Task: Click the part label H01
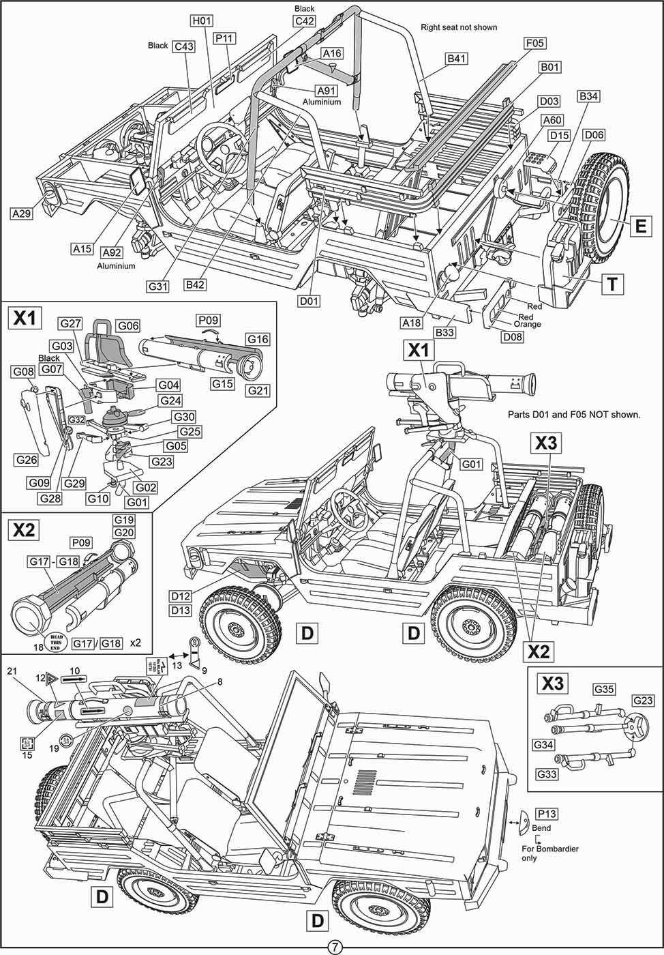click(202, 21)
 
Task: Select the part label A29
click(22, 214)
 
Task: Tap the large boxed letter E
click(640, 226)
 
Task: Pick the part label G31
click(158, 286)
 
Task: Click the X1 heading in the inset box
click(25, 319)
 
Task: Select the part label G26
click(27, 460)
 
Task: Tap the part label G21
click(258, 390)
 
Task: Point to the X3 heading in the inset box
click(554, 683)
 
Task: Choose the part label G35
click(604, 689)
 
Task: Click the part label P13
click(547, 814)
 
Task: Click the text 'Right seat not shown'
click(458, 27)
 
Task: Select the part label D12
click(181, 596)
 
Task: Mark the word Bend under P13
click(541, 828)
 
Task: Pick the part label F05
click(534, 44)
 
